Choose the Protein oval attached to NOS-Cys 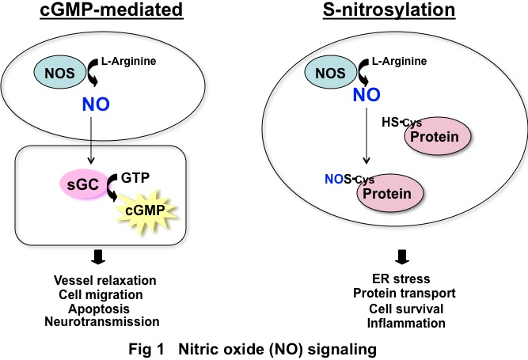click(x=388, y=194)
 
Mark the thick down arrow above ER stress click(x=402, y=256)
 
